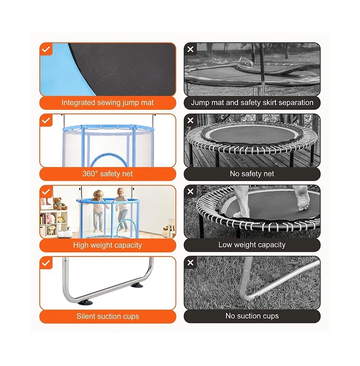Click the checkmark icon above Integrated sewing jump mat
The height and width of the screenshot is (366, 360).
coord(46,49)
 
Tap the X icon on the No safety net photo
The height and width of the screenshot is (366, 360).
coord(190,120)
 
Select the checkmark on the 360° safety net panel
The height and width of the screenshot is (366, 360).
coord(46,121)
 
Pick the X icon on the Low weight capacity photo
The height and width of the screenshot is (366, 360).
coord(190,192)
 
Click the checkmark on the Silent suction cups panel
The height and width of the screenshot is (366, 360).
coord(46,263)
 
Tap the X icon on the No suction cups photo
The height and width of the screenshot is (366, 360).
coord(190,263)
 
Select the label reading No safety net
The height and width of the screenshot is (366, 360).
coord(252,174)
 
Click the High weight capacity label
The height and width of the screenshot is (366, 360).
coord(108,245)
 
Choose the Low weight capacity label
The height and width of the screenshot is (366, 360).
coord(252,245)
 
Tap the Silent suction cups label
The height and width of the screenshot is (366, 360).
coord(108,316)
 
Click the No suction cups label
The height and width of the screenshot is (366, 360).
coord(252,316)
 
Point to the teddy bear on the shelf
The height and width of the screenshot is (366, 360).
coord(59,204)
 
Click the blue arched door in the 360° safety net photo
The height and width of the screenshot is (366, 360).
coord(109,158)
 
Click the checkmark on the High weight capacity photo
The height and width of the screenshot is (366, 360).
coord(46,192)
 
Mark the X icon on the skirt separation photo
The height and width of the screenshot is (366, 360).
coord(190,49)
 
